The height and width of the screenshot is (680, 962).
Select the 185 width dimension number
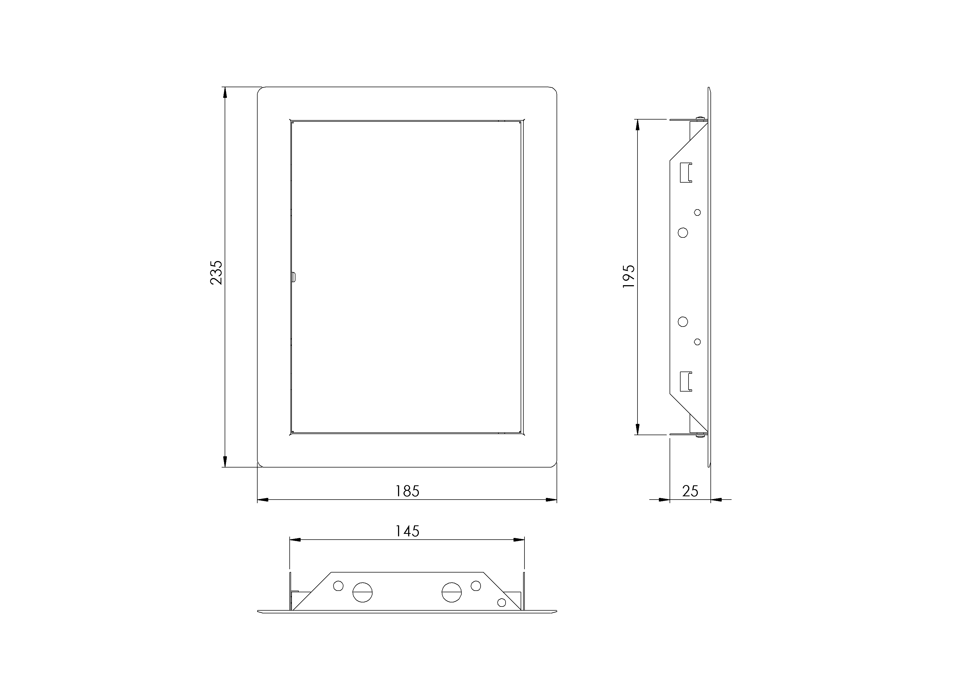[407, 491]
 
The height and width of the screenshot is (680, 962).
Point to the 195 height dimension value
[629, 276]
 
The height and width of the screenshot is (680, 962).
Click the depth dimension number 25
[690, 491]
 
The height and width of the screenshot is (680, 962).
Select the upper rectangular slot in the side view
[686, 172]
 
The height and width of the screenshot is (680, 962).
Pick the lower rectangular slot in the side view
[686, 381]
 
